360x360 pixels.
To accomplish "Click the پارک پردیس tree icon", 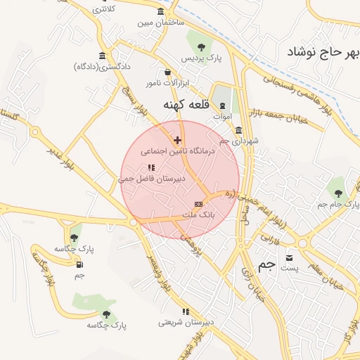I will pos(202,47).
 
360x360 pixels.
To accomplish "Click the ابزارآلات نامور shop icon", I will pos(167,72).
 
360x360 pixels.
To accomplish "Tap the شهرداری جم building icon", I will pos(238,130).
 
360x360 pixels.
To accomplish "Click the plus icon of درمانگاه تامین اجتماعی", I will pos(177,140).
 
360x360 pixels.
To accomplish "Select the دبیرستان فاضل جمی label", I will pos(151,179).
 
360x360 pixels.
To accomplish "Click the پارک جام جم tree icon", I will pos(338,193).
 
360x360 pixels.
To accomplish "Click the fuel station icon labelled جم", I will pos(79,264).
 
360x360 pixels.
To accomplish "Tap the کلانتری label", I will pos(104,9).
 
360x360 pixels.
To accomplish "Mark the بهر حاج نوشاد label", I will pos(323,52).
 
